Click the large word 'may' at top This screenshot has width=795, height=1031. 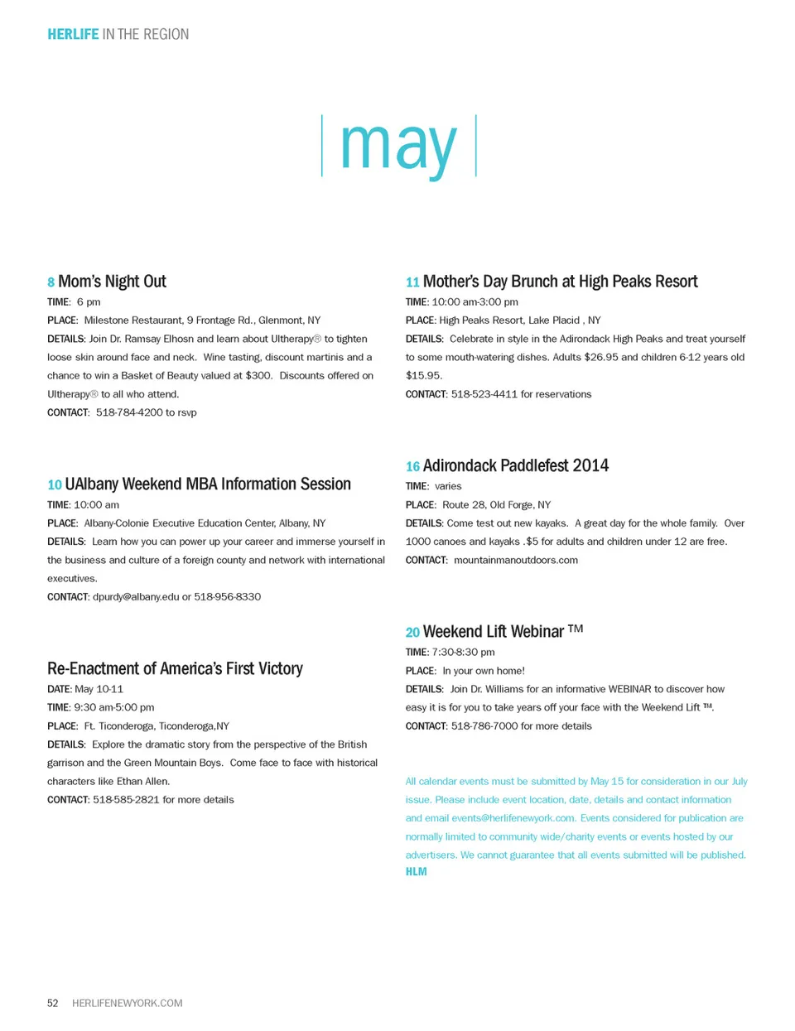coord(398,147)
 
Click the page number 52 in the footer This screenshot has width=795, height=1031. coord(53,1003)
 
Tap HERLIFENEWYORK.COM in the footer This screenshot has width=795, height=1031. coord(128,1003)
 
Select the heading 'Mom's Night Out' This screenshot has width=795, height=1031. coord(113,282)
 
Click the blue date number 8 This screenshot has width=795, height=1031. coord(51,282)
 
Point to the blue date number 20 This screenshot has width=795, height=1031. coord(412,633)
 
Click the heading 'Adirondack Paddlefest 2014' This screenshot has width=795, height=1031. coord(515,465)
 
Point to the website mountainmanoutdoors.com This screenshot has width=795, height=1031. coord(516,561)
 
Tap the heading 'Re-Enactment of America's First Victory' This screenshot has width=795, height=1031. coord(175,668)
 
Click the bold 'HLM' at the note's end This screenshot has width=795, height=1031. coord(416,872)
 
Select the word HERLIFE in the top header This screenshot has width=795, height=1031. coord(73,34)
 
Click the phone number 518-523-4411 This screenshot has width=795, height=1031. coord(484,394)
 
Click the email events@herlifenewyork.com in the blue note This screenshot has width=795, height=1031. coord(513,818)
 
